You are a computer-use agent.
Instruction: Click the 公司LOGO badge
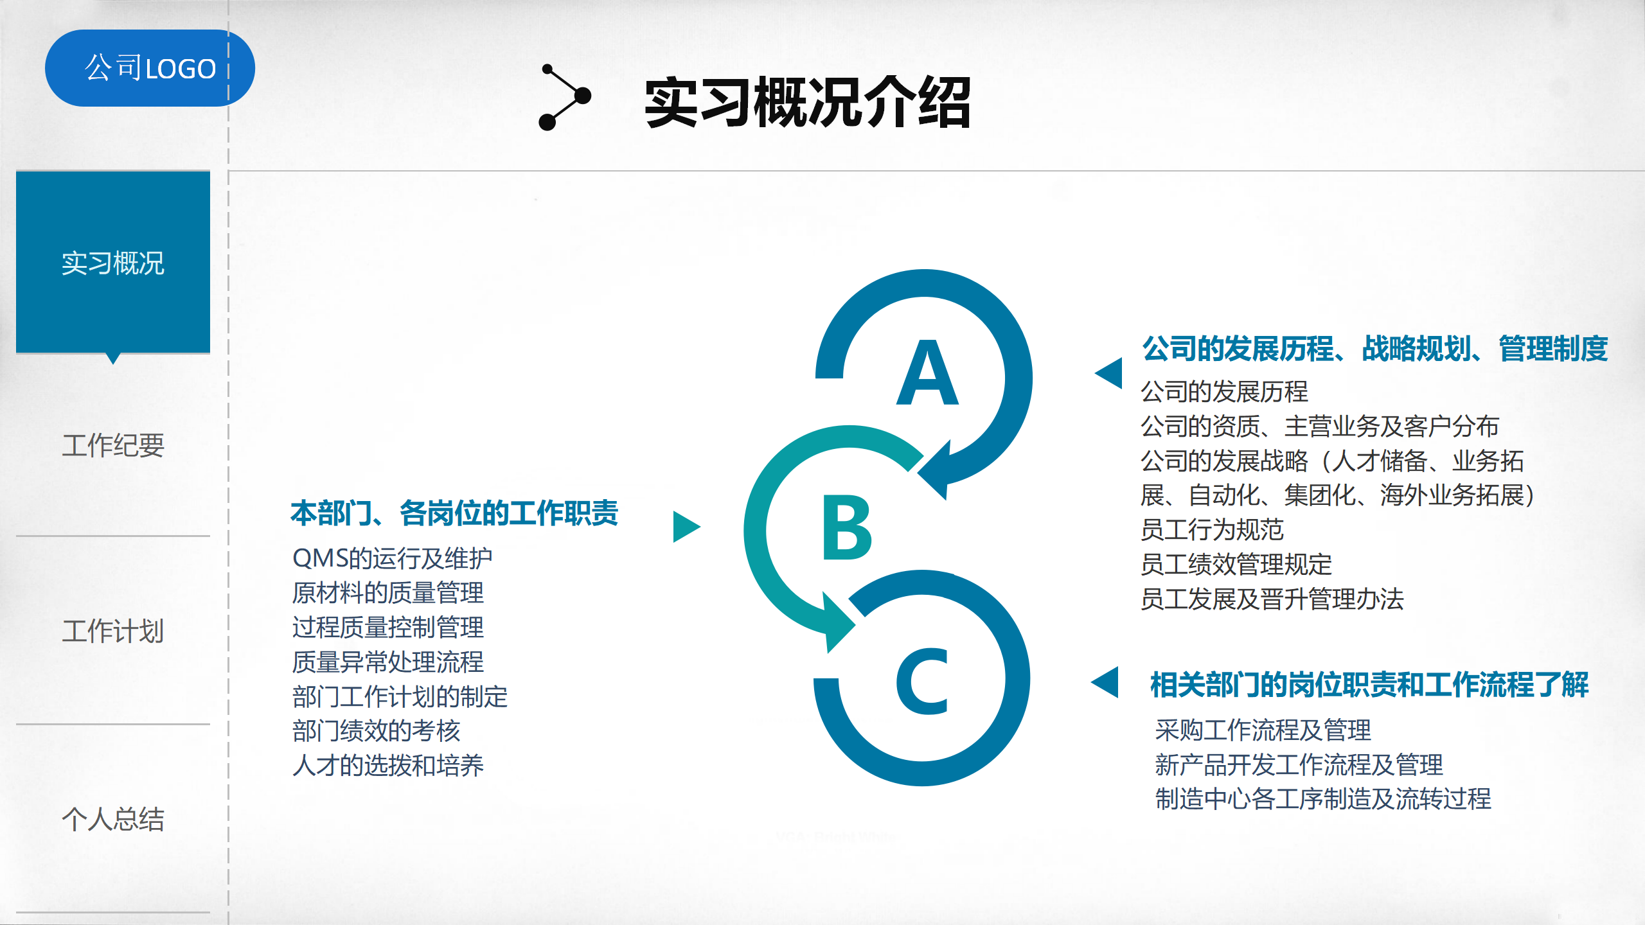(x=150, y=68)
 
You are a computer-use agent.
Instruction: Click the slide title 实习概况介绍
(x=808, y=102)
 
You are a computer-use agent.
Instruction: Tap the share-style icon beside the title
(x=564, y=97)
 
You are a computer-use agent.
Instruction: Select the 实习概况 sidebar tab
(x=113, y=263)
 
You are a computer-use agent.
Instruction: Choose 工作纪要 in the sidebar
(x=113, y=445)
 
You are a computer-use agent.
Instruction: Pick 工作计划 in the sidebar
(x=113, y=631)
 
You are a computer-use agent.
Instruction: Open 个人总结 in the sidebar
(x=113, y=819)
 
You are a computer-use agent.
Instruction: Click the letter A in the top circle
(x=927, y=373)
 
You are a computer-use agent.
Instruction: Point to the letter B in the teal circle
(x=847, y=527)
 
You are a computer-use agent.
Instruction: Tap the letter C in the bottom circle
(x=922, y=681)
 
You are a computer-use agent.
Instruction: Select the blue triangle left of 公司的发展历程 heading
(x=1108, y=373)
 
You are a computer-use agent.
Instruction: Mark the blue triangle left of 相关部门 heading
(x=1105, y=682)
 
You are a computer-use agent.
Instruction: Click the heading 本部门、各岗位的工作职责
(x=454, y=513)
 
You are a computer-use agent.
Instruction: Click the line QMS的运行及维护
(x=392, y=558)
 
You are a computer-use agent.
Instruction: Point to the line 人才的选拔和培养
(x=388, y=765)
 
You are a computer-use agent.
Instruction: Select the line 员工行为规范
(x=1212, y=529)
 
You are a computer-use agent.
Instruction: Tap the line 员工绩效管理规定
(x=1236, y=564)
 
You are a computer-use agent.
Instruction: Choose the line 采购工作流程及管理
(x=1263, y=730)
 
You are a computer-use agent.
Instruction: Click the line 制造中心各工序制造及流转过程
(x=1323, y=798)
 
